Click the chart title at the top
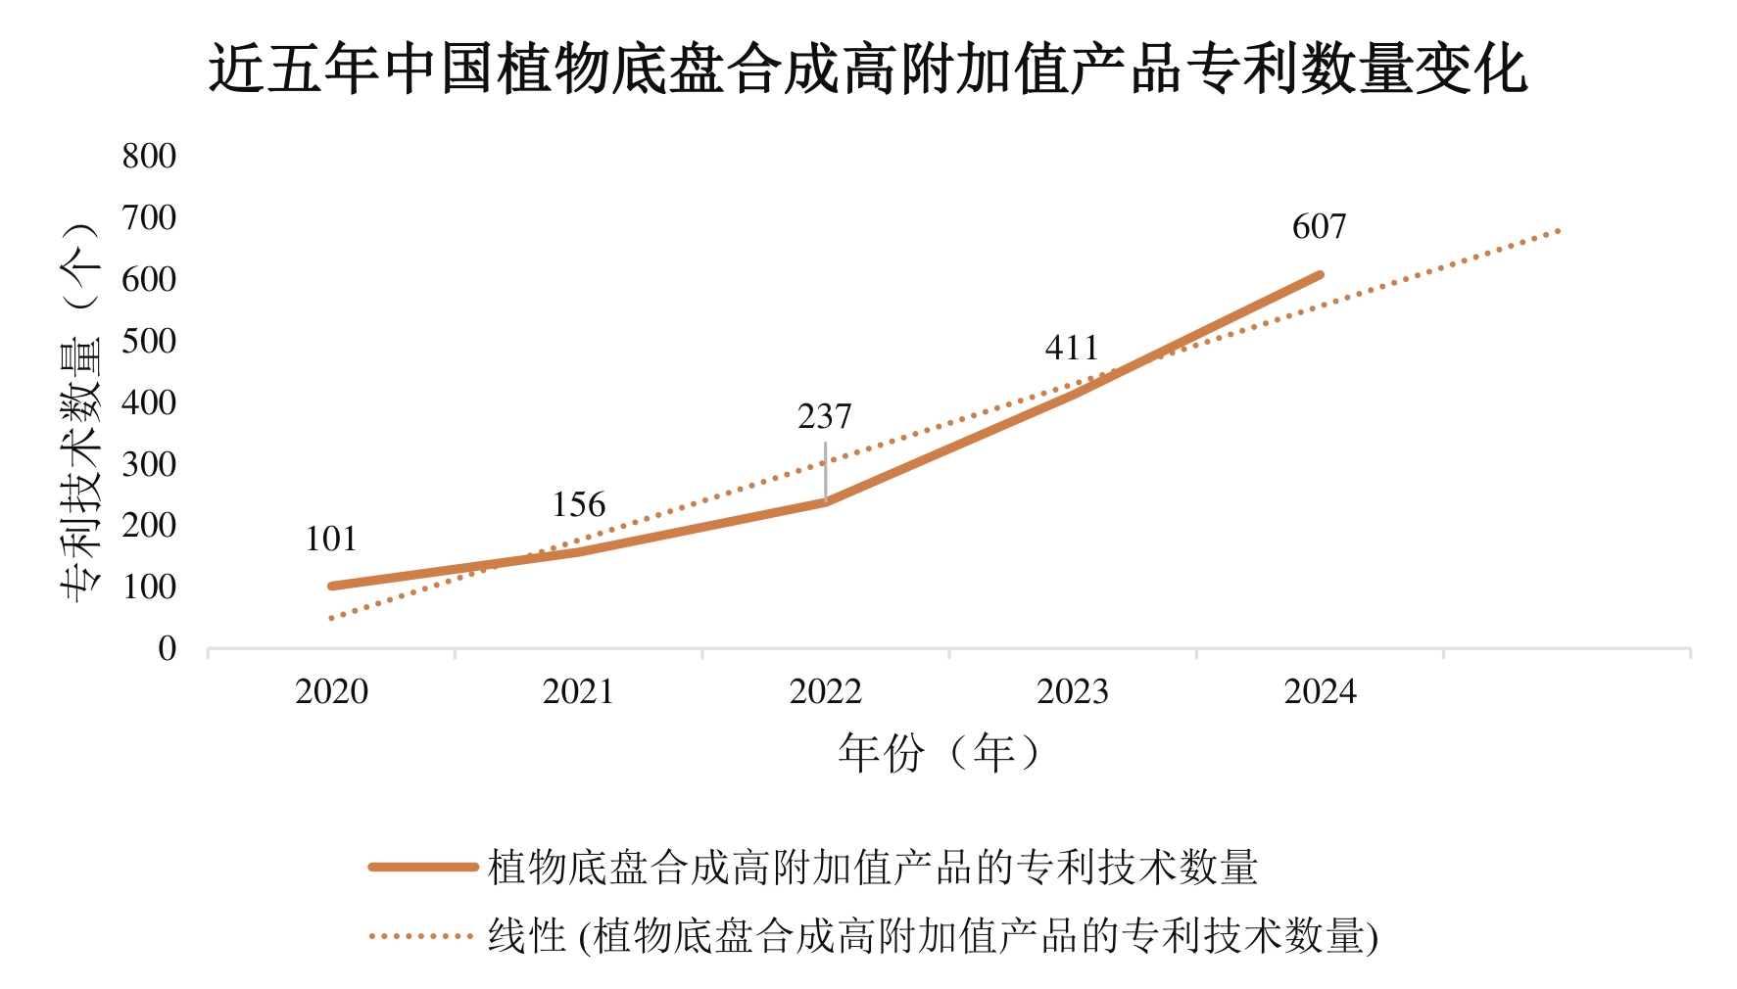tap(868, 71)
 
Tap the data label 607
tap(1319, 227)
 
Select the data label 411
tap(1072, 349)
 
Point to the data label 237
tap(824, 417)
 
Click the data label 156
tap(578, 505)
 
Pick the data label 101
tap(331, 540)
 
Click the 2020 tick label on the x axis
tap(331, 692)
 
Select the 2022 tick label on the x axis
tap(825, 692)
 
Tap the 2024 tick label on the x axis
tap(1320, 692)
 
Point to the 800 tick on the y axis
tap(149, 157)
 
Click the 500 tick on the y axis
tap(149, 342)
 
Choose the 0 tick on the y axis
tap(167, 649)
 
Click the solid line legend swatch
tap(422, 867)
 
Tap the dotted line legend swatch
tap(422, 936)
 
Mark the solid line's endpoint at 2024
tap(1320, 275)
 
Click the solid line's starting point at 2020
tap(332, 586)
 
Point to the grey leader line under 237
tap(825, 472)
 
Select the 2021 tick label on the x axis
tap(578, 692)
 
